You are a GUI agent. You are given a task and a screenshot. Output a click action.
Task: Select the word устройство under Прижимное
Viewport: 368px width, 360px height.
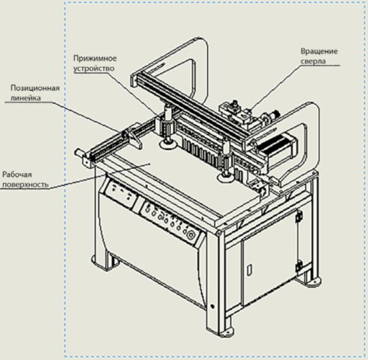pyautogui.click(x=94, y=69)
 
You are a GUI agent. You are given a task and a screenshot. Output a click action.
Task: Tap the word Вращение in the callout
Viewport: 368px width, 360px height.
pyautogui.click(x=319, y=51)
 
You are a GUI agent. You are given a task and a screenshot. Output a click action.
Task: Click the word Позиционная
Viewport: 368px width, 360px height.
pyautogui.click(x=35, y=87)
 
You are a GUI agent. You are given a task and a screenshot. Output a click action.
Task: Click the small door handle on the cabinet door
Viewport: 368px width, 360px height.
pyautogui.click(x=249, y=269)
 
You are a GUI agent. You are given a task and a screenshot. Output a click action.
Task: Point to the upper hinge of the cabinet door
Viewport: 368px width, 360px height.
pyautogui.click(x=299, y=216)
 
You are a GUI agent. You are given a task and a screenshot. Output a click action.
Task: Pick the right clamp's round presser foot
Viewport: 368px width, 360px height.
pyautogui.click(x=224, y=177)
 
